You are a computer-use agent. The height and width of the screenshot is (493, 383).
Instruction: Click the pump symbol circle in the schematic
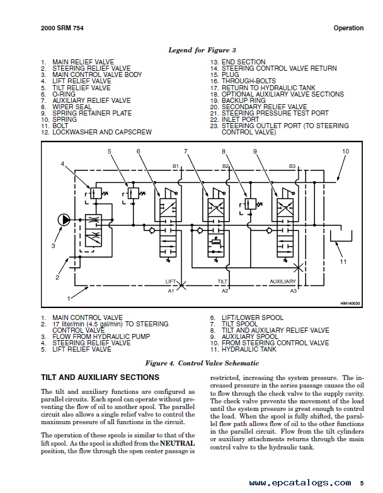64,220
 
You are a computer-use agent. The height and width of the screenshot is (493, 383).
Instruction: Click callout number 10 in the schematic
345,151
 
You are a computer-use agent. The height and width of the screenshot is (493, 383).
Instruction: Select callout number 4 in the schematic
62,164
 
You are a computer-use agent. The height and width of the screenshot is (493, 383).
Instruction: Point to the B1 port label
175,166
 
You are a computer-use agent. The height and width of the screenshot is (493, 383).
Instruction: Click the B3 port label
292,166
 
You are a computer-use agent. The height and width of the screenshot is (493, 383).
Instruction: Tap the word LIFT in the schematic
171,282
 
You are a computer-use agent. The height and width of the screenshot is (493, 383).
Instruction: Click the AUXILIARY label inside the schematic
283,282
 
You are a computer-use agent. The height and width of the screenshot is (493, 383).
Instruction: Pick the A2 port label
225,291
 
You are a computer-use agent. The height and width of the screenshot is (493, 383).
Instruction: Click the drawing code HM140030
350,304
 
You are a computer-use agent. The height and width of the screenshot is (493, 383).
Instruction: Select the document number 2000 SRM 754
62,28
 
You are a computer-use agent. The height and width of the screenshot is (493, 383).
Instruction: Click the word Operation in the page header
348,28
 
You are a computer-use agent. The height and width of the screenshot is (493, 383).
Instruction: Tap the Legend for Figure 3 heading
202,50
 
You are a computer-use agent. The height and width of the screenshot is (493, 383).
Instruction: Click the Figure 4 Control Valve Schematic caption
202,364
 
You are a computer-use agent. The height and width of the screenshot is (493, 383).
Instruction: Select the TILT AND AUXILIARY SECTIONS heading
100,377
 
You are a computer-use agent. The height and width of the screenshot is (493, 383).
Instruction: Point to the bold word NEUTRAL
177,443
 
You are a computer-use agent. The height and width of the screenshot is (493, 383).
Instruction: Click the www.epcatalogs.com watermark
300,483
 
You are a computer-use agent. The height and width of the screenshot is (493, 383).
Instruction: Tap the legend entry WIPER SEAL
72,107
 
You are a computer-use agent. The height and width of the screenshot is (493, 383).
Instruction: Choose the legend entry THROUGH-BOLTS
249,81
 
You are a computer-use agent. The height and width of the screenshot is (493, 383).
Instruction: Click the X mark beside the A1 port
181,285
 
